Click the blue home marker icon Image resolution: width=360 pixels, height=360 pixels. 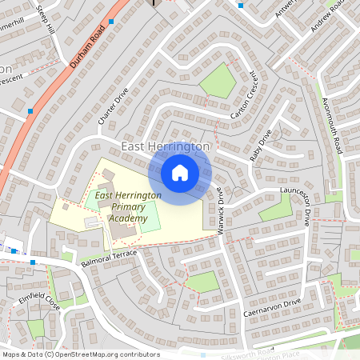(x=180, y=172)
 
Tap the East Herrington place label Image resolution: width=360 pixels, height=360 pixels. (x=166, y=147)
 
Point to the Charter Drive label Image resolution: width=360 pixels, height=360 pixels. (x=114, y=106)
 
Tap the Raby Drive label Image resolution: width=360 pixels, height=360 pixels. (x=262, y=145)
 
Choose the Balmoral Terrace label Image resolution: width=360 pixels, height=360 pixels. (x=110, y=258)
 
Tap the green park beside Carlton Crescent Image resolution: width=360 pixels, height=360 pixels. (x=218, y=80)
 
